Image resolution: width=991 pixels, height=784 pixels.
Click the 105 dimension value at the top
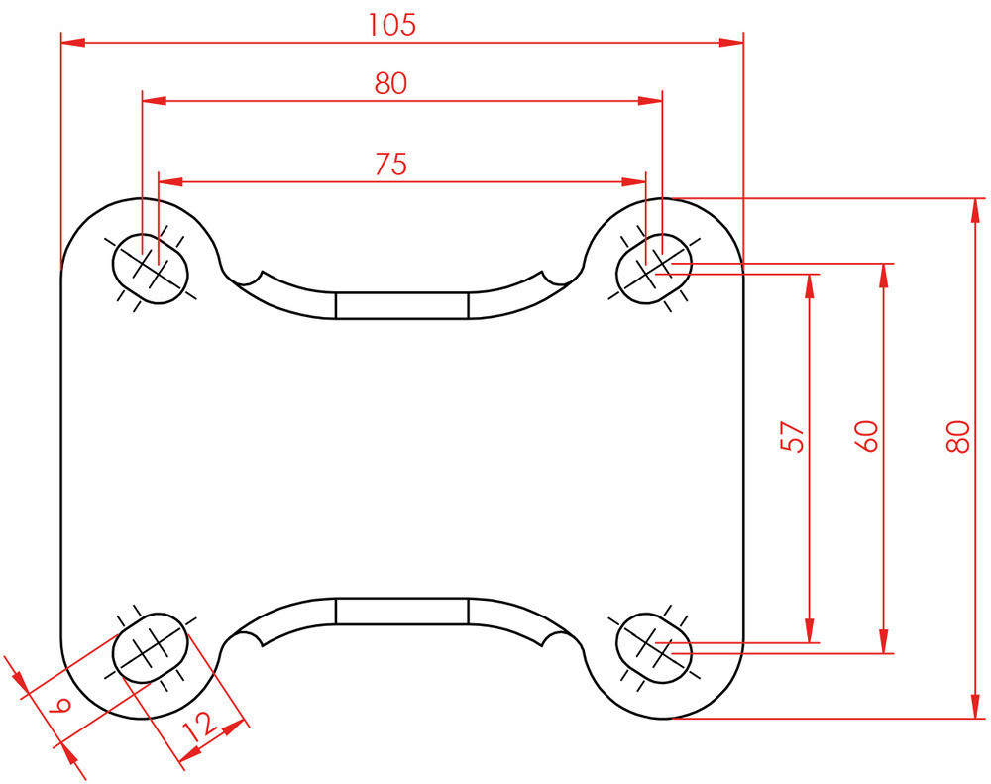(391, 25)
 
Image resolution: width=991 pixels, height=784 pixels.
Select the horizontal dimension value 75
(391, 164)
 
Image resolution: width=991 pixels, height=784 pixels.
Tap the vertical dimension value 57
(792, 436)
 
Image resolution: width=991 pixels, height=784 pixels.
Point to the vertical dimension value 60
(866, 436)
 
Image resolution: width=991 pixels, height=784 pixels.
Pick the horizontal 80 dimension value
(391, 83)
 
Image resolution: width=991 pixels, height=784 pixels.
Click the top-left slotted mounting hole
(151, 266)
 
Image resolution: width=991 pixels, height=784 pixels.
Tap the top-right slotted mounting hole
(654, 266)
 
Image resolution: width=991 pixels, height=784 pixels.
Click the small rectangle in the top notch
(401, 305)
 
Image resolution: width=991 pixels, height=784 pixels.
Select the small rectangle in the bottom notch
(401, 611)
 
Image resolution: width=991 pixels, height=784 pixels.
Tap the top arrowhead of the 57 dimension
(811, 285)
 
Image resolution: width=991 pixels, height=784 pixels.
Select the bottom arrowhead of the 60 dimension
(884, 641)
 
